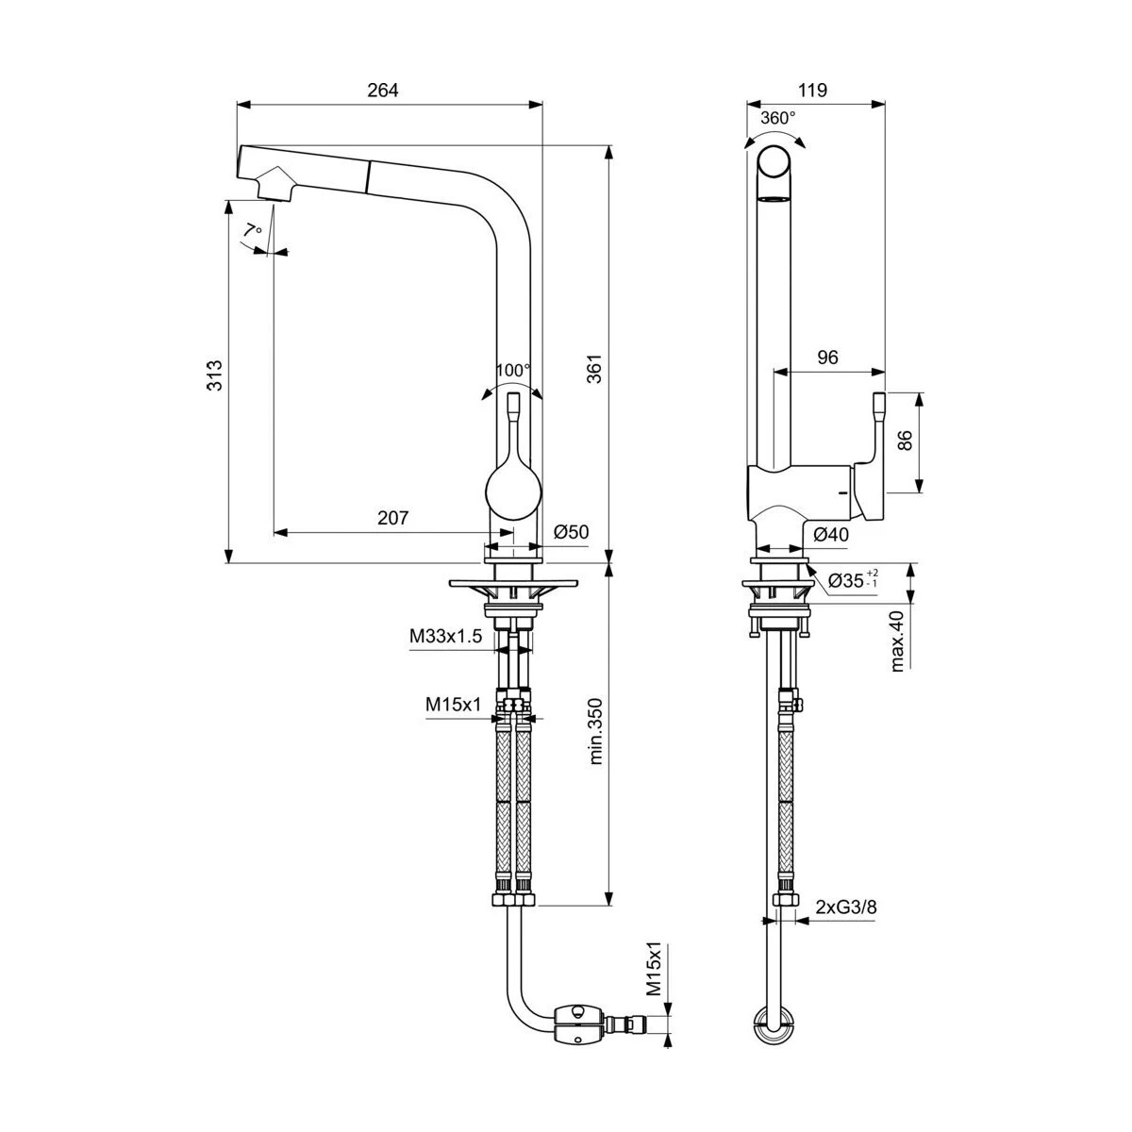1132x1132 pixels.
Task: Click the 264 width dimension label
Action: (383, 90)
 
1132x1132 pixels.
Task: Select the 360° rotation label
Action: (778, 118)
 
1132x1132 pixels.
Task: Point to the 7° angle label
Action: (252, 230)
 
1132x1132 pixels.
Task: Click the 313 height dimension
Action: (214, 375)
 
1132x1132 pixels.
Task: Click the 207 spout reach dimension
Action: (392, 518)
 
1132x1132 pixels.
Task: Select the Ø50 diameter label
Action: (571, 532)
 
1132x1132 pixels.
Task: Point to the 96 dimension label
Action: (826, 357)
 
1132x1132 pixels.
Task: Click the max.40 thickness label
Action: (896, 641)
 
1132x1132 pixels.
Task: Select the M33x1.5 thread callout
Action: (445, 637)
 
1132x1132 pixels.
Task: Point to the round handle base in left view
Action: (514, 492)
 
